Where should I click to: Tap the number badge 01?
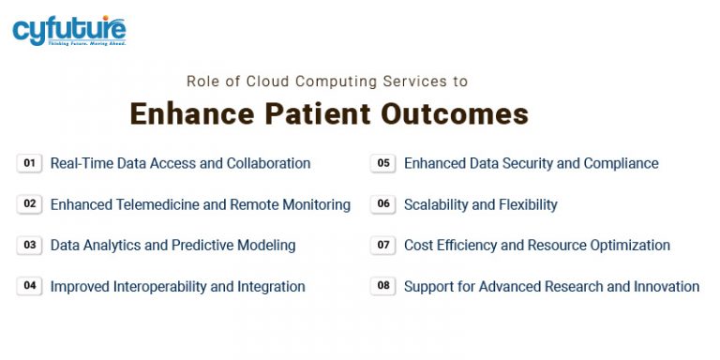click(x=30, y=163)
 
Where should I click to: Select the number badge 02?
click(x=30, y=204)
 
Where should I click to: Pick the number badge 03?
click(x=30, y=246)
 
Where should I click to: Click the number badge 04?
click(x=30, y=286)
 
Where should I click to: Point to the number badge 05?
click(x=383, y=163)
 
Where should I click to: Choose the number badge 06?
click(x=383, y=204)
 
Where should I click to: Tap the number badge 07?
click(x=383, y=246)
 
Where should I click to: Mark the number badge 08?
click(x=383, y=286)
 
